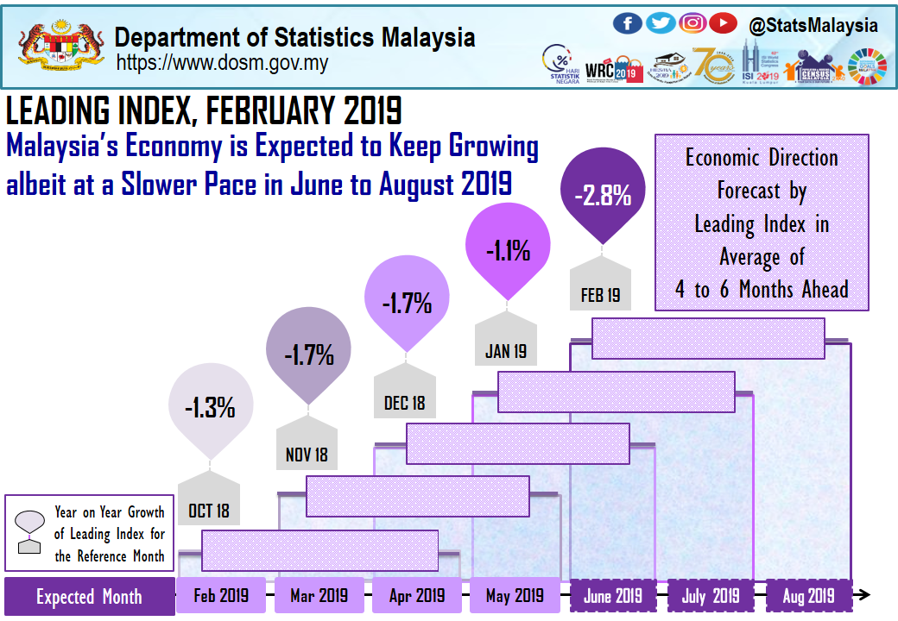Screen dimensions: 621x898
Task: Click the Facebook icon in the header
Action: pos(627,23)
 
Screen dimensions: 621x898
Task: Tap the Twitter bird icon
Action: pos(661,23)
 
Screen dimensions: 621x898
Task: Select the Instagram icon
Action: pos(692,23)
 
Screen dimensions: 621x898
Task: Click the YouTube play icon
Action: pos(724,23)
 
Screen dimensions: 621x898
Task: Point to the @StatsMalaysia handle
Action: pos(813,25)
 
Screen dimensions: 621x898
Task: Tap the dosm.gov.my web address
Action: pos(222,63)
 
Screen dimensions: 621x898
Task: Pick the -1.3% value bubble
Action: pos(210,407)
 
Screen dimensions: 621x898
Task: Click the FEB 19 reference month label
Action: pos(600,295)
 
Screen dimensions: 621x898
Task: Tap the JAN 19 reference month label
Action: pos(505,351)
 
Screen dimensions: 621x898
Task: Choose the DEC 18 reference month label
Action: pos(404,403)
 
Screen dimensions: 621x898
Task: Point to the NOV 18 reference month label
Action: pos(307,455)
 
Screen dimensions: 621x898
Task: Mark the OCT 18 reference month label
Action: pos(209,511)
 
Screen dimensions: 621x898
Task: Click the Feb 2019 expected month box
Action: pos(221,596)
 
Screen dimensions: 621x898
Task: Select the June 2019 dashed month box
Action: pos(613,596)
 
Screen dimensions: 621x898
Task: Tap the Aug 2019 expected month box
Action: pos(808,596)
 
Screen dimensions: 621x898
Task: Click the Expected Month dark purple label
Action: pos(88,597)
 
